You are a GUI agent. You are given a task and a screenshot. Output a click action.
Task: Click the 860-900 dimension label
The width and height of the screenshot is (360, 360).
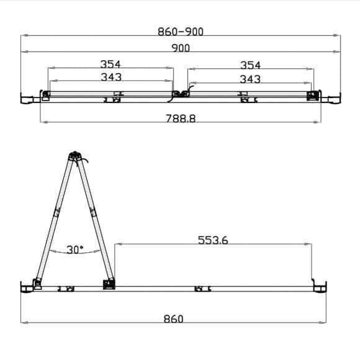181,32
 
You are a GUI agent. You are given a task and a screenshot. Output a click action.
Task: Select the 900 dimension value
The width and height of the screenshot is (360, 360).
181,48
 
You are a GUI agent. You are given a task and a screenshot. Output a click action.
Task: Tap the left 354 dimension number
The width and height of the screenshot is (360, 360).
110,64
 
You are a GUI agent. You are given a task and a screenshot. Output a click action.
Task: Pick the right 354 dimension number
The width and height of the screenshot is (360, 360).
250,65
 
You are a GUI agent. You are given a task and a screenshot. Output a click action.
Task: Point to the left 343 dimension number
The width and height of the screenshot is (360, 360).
111,77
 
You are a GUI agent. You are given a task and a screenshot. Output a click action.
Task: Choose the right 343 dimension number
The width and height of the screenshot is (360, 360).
250,79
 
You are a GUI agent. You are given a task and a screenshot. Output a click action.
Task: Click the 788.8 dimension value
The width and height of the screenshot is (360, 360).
181,119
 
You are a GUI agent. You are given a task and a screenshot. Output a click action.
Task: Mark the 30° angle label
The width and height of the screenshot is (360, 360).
75,250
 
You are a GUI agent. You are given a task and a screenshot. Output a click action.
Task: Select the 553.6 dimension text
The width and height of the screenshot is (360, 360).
213,240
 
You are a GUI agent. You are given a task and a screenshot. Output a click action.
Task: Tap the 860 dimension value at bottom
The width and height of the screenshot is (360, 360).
174,319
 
